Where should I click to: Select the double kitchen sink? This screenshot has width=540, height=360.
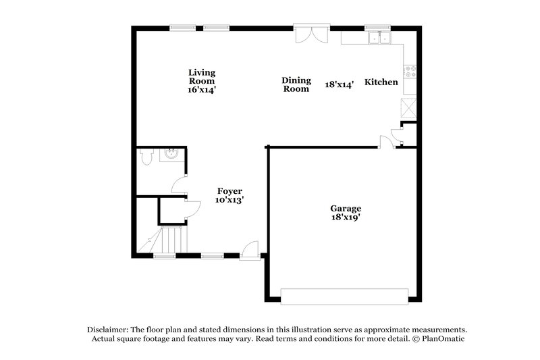(379, 38)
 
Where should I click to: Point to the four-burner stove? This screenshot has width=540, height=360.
(410, 70)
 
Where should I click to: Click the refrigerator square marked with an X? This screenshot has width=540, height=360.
(410, 108)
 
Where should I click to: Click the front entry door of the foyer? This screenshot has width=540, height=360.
(250, 249)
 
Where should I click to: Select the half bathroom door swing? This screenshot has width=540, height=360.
(179, 184)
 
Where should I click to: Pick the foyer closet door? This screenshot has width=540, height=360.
(192, 209)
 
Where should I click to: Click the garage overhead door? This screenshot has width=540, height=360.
(344, 296)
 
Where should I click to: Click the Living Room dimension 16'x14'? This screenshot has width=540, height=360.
(202, 89)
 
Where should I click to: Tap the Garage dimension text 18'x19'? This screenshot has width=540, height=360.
(345, 217)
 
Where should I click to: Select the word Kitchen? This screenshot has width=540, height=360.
(381, 82)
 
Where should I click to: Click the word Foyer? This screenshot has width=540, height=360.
(230, 191)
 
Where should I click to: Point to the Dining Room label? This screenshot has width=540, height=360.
(296, 84)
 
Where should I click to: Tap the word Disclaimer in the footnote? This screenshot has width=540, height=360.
(107, 328)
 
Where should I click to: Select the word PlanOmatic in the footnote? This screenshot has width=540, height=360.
(446, 338)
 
